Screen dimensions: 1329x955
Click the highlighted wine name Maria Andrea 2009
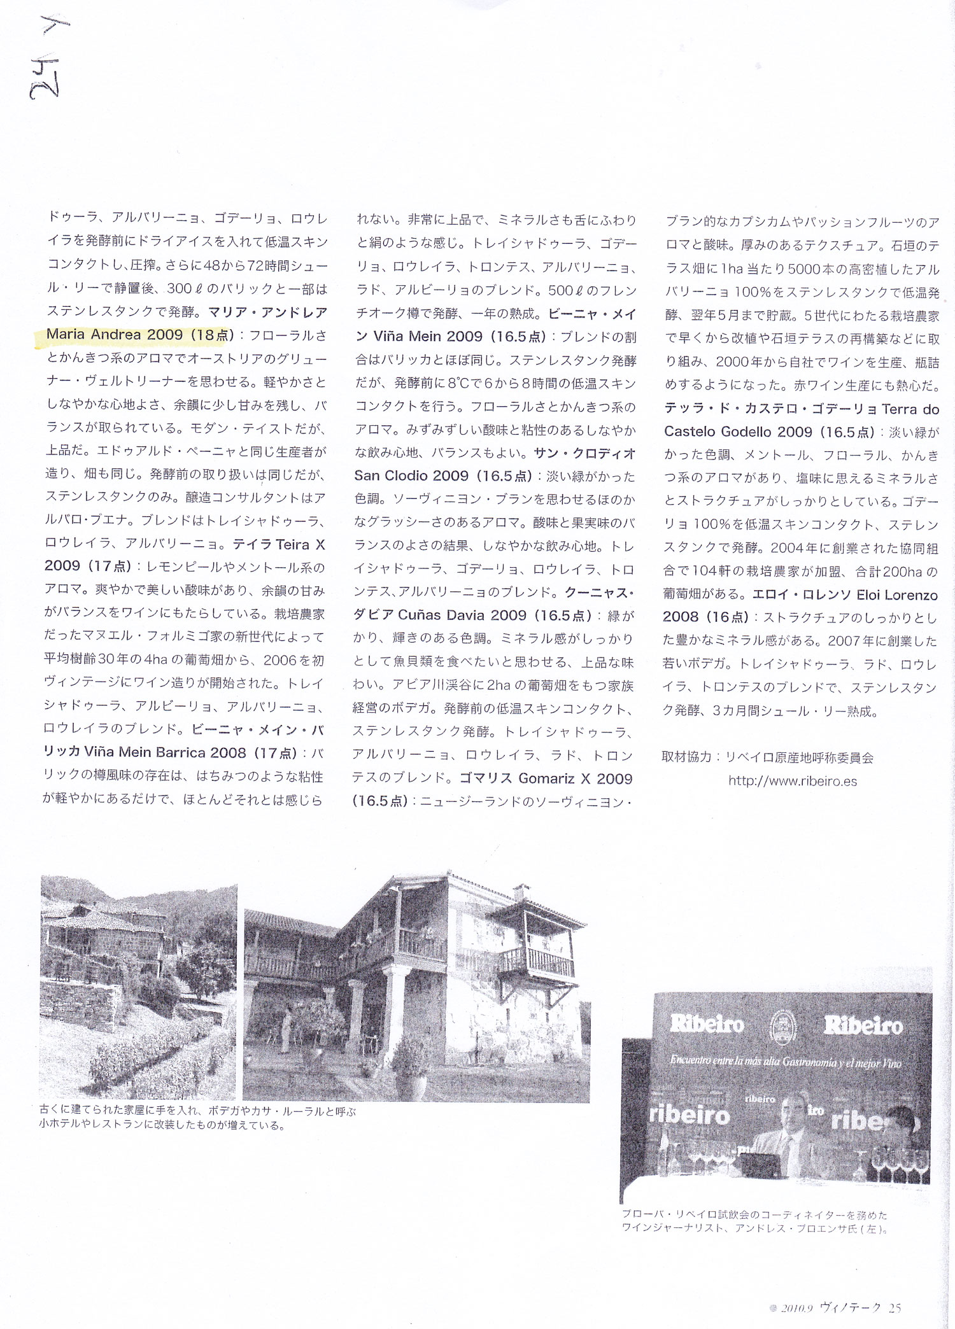pyautogui.click(x=115, y=335)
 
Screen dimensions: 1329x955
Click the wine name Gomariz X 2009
pyautogui.click(x=576, y=778)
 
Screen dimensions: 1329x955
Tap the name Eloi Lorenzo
pyautogui.click(x=897, y=595)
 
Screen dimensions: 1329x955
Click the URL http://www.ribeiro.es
pyautogui.click(x=793, y=781)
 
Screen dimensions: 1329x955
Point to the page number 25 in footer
pyautogui.click(x=895, y=1308)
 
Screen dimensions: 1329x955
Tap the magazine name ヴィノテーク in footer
pyautogui.click(x=851, y=1308)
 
